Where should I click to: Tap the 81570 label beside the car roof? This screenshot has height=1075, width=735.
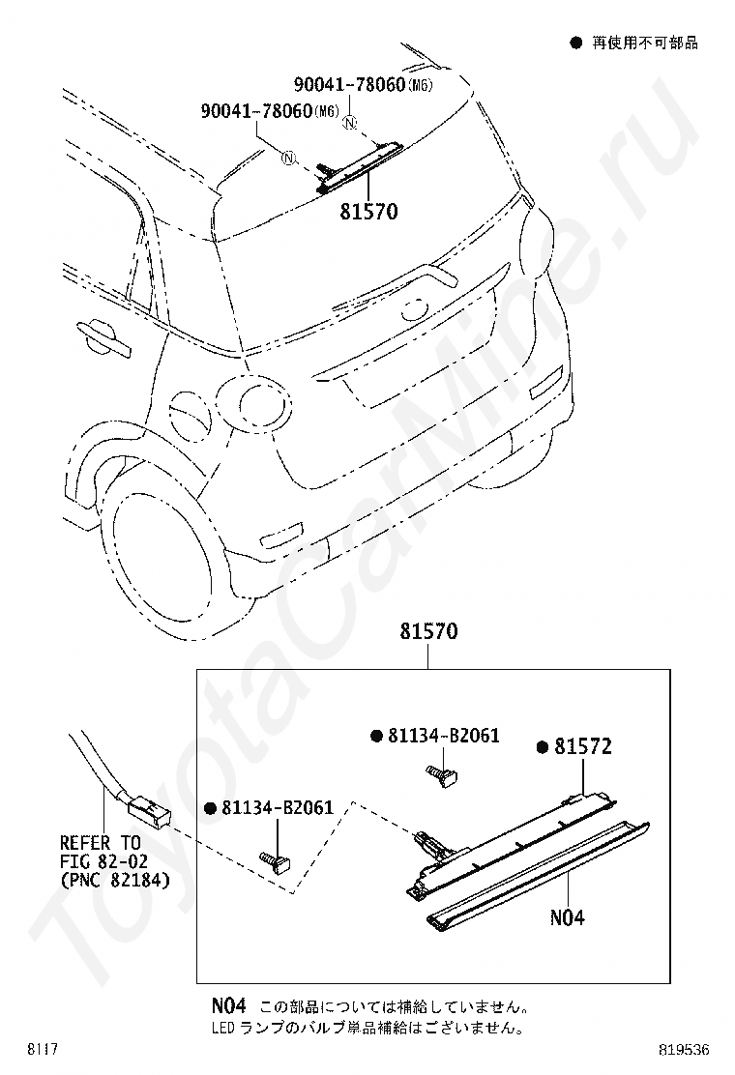368,211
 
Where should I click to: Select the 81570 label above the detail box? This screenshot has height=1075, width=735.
429,630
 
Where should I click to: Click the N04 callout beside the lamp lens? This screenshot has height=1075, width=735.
568,917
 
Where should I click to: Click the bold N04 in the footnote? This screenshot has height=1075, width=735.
229,1005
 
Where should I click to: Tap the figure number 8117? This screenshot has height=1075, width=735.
42,1050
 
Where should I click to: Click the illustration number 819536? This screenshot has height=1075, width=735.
684,1050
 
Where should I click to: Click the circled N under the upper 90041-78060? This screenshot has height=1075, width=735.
350,124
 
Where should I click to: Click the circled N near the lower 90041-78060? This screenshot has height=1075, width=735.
288,160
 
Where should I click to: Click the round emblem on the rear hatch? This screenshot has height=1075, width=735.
414,309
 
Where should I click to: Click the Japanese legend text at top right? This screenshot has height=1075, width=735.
645,44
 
